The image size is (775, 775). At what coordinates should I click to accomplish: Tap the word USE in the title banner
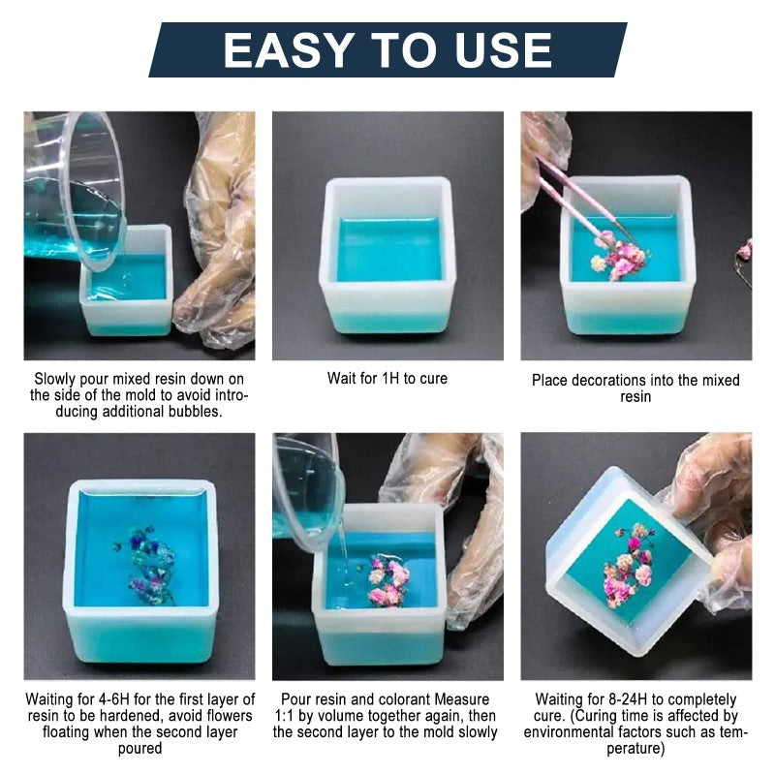tap(496, 49)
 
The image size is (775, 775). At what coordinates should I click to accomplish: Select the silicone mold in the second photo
tap(388, 256)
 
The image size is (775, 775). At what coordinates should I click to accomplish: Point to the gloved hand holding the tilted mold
tap(712, 513)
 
